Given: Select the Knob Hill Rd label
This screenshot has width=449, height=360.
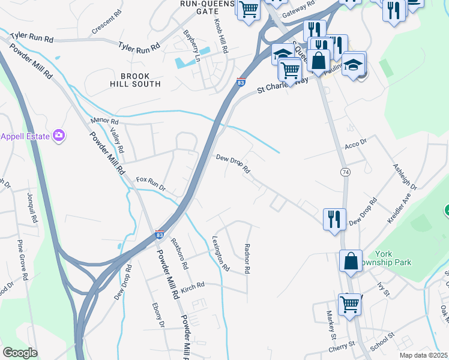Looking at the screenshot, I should (220, 37).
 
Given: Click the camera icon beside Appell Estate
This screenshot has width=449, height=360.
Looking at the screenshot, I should (59, 136).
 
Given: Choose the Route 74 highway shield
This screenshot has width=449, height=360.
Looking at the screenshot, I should (345, 172).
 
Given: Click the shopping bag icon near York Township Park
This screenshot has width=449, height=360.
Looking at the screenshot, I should (351, 261).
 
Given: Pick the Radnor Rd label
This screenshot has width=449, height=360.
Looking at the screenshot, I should (247, 259).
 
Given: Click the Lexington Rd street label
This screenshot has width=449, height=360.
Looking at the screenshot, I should (221, 254).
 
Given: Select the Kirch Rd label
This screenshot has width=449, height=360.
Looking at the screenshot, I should (193, 287).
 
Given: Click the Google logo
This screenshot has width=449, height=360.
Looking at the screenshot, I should (20, 353).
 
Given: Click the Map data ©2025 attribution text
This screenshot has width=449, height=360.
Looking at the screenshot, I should (423, 355).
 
